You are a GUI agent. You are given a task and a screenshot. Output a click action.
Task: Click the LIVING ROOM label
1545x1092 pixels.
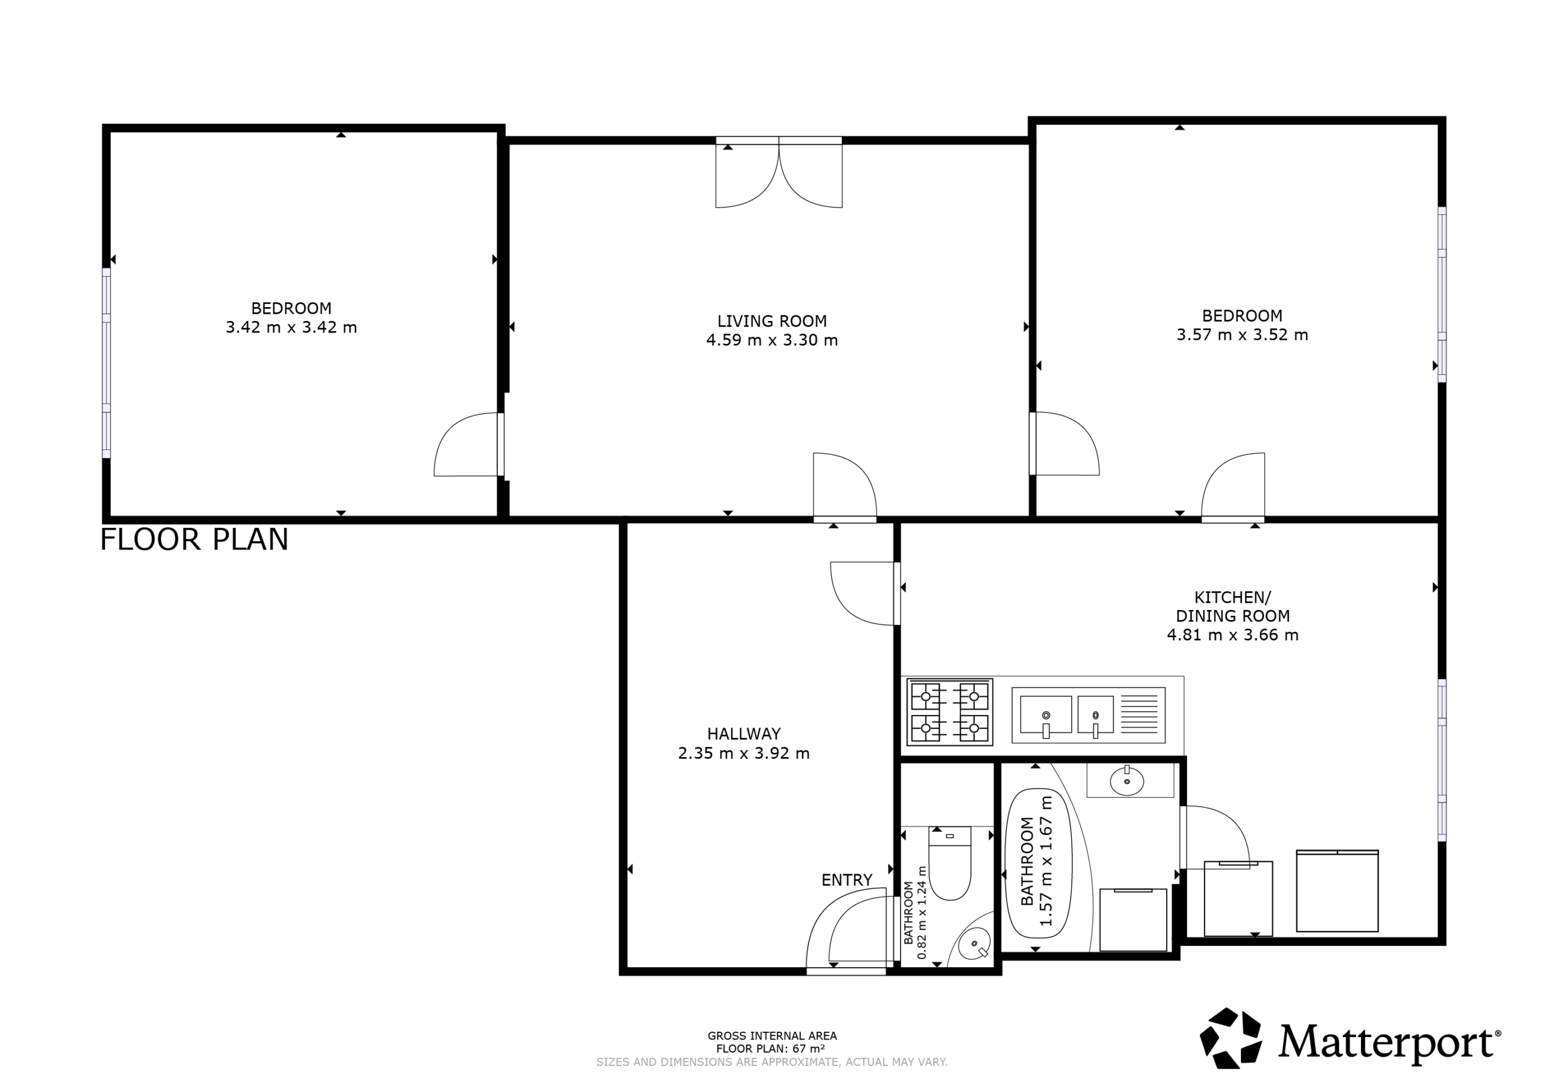click(x=771, y=321)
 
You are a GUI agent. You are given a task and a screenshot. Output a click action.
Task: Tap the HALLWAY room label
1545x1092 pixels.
click(x=744, y=734)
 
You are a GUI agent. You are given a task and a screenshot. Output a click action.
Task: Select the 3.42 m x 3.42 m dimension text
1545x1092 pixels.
click(x=291, y=328)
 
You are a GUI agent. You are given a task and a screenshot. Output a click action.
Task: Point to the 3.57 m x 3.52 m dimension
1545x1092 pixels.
click(x=1242, y=334)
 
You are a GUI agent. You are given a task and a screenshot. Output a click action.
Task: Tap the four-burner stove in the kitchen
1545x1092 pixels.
click(x=949, y=712)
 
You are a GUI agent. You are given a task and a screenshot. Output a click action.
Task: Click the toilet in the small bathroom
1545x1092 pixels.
click(x=949, y=863)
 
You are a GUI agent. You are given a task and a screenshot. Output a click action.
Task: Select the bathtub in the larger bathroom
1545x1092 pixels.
click(x=1037, y=863)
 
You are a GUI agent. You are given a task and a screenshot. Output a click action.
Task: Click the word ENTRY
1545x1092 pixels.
click(x=847, y=880)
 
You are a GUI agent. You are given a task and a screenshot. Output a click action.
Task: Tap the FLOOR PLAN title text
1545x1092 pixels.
click(x=194, y=539)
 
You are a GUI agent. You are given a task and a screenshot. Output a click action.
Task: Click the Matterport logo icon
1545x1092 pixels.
click(x=1231, y=1038)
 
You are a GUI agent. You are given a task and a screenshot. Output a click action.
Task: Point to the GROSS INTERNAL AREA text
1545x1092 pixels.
click(x=772, y=1036)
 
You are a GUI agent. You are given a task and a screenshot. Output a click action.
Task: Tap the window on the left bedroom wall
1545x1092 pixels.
click(x=106, y=363)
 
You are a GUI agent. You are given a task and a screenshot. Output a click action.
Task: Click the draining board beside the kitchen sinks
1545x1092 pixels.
click(x=1139, y=714)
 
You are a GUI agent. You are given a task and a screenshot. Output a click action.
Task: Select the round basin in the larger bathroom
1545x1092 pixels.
click(x=1126, y=782)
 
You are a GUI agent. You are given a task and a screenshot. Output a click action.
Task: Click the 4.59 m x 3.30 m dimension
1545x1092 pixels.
click(x=772, y=340)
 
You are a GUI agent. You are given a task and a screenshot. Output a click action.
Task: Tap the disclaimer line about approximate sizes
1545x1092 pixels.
click(x=772, y=1062)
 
